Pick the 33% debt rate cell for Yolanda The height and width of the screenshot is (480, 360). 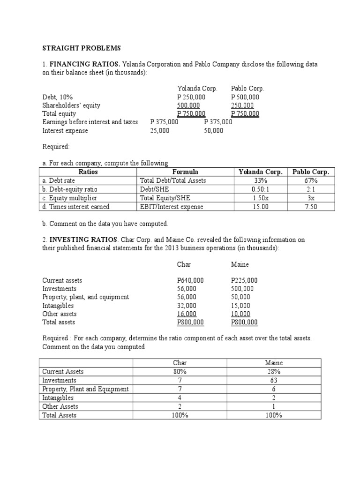coord(261,180)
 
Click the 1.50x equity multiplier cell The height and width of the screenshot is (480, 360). coord(261,198)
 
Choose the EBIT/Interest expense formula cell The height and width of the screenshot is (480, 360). coord(172,207)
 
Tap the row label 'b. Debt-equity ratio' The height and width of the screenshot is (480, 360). coord(70,189)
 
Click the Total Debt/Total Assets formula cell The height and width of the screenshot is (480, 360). coord(173,180)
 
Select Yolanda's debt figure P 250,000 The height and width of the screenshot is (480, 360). coord(191,97)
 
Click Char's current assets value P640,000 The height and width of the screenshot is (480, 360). coord(190,280)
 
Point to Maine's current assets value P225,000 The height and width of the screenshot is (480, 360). coord(244,280)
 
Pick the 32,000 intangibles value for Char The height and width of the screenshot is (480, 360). coord(187,306)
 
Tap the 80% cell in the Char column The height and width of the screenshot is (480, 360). coord(180,372)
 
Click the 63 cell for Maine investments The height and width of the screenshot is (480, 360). coord(274,380)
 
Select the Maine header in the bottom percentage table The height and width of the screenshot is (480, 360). coord(274,363)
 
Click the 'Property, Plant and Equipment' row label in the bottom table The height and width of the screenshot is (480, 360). coord(85,389)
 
